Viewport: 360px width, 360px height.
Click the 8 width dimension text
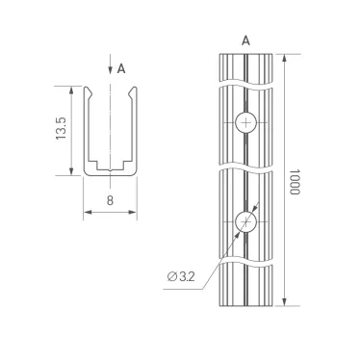pos(111,201)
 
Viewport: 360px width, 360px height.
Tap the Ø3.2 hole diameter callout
pos(182,276)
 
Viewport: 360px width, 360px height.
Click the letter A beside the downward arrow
pos(121,68)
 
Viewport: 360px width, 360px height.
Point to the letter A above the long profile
pos(247,40)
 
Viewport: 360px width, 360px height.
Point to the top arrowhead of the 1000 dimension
pos(284,57)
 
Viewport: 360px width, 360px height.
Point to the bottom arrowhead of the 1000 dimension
pos(284,304)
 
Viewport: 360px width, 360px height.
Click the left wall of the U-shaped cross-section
pos(89,130)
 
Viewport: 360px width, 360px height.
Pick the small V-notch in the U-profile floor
pos(111,170)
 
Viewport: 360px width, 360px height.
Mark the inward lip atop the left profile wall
pos(91,92)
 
